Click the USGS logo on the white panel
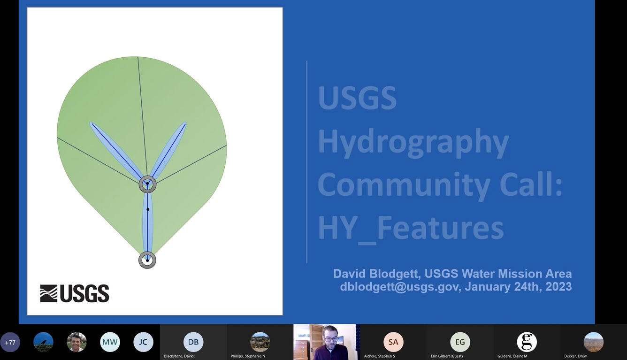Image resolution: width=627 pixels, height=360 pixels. click(75, 293)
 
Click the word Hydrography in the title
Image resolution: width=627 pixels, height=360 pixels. click(413, 141)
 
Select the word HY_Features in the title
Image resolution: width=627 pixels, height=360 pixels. click(410, 228)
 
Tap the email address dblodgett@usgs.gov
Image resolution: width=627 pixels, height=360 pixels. click(399, 287)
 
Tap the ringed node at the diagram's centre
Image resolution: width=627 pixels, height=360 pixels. click(147, 184)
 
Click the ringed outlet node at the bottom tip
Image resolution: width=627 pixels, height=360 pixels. click(147, 260)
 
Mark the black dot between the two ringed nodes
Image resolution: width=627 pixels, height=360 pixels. click(148, 209)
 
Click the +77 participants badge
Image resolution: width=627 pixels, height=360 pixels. click(10, 342)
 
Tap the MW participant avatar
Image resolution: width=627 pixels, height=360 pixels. click(110, 342)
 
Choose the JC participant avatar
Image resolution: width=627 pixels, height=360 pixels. click(143, 342)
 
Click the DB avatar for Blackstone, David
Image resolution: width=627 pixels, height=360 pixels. click(193, 342)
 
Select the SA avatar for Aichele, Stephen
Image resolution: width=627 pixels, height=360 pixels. click(393, 342)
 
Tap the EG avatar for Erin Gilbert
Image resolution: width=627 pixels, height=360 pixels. click(460, 342)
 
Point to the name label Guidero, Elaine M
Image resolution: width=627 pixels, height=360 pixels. click(512, 356)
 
